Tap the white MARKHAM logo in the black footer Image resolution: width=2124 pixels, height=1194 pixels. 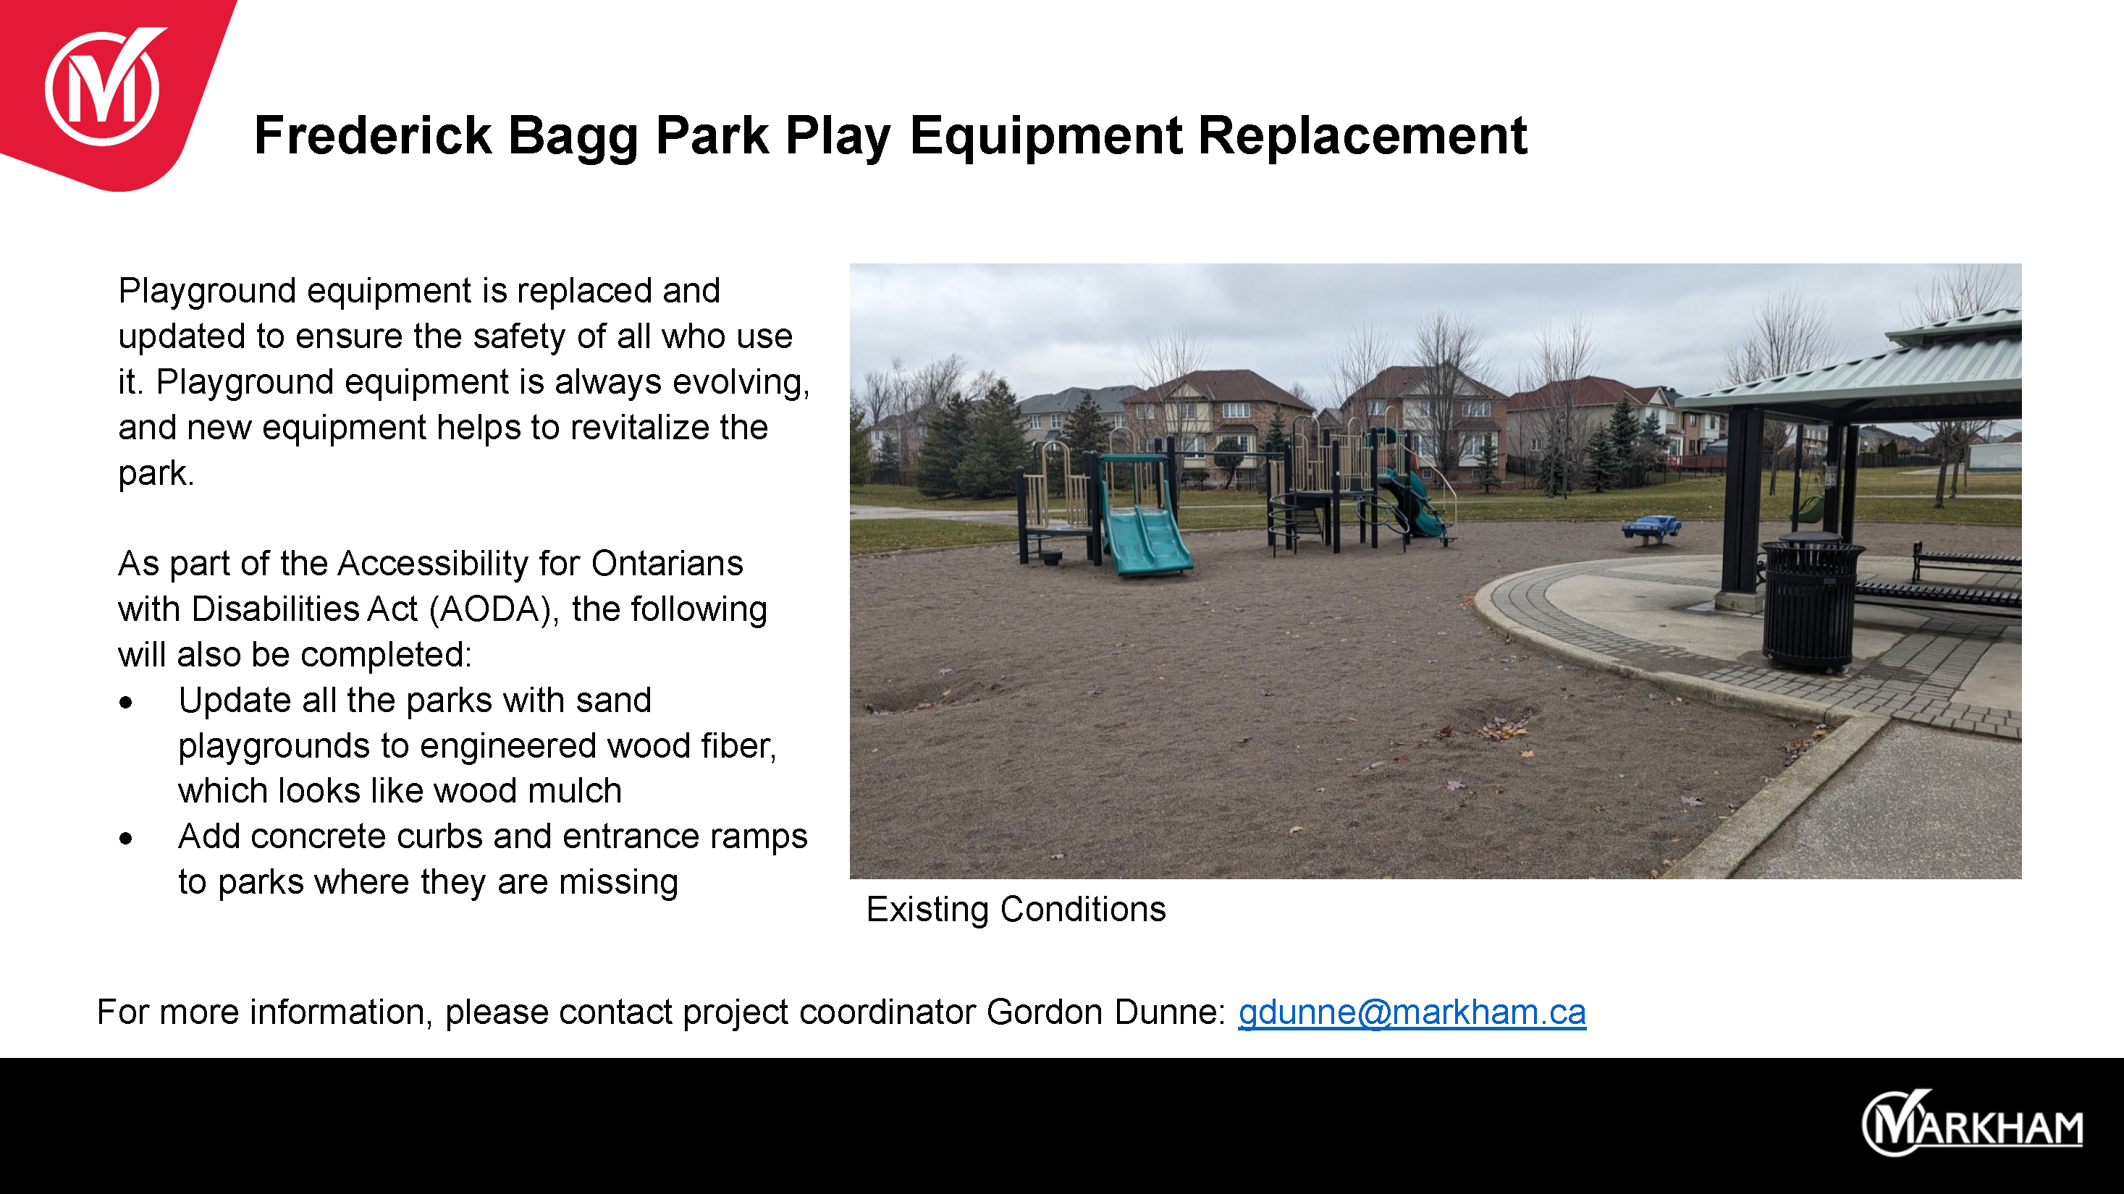1972,1123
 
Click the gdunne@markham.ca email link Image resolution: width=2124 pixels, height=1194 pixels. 1412,1012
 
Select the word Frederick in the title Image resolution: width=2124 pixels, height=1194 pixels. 373,135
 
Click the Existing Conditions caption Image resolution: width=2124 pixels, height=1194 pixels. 1016,910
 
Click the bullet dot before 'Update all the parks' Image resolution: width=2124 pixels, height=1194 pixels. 125,703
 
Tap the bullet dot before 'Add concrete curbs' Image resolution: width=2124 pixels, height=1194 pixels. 125,839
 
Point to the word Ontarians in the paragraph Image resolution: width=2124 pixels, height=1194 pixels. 667,564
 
